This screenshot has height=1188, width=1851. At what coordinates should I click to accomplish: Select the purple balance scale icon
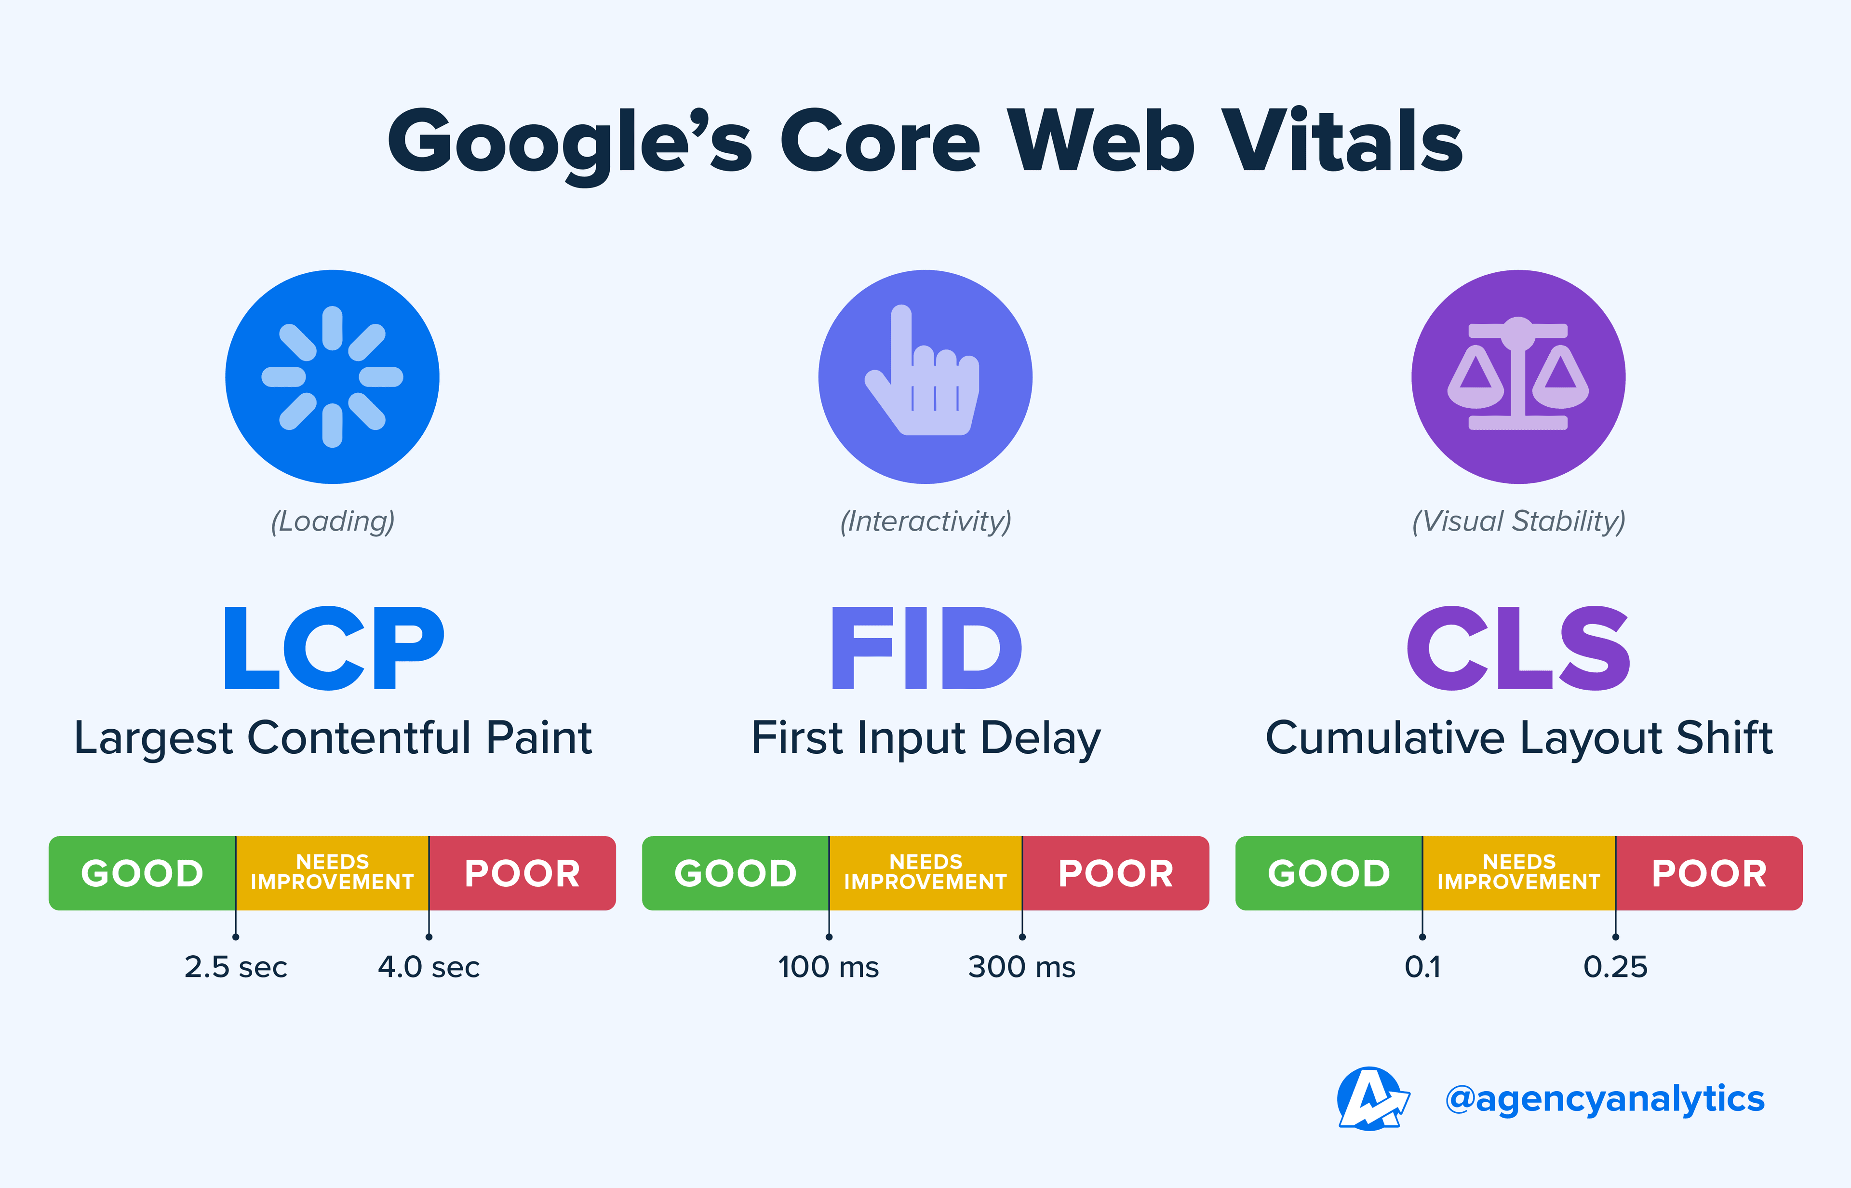(x=1518, y=376)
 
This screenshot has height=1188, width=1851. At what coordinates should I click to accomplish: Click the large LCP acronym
(x=333, y=648)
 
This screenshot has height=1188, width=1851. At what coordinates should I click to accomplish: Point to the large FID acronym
(x=926, y=648)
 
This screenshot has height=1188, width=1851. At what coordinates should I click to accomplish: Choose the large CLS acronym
(x=1518, y=648)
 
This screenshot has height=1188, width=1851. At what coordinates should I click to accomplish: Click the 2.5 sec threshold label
(x=235, y=967)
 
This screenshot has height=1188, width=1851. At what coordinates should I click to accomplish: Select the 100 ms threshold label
(x=828, y=967)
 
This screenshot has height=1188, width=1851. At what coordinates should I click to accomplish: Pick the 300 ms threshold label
(x=1021, y=967)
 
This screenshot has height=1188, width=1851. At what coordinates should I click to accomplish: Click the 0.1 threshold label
(x=1422, y=967)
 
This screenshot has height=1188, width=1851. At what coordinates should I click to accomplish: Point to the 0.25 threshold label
(x=1615, y=967)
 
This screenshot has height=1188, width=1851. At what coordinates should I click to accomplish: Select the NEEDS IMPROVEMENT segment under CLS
(x=1518, y=872)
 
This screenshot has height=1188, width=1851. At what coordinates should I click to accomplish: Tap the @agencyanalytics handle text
(x=1604, y=1098)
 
